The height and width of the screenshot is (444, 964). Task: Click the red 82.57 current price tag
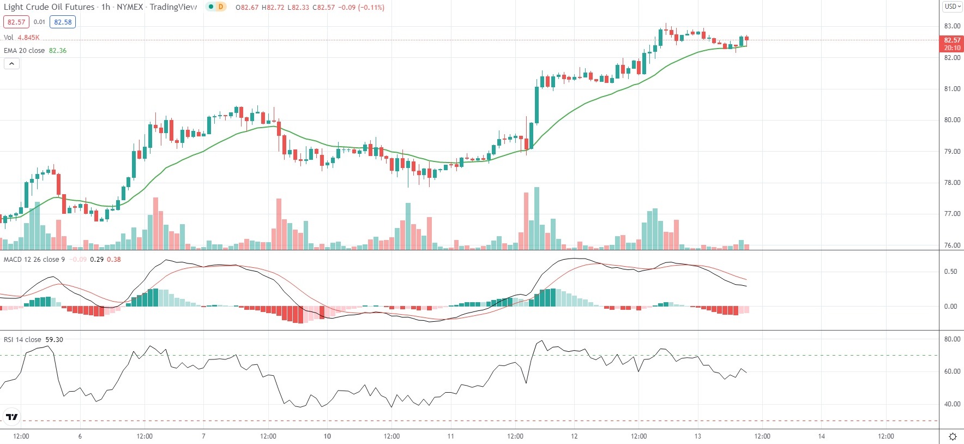952,40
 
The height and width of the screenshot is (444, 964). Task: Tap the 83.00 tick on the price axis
952,26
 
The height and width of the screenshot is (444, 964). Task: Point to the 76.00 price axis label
952,245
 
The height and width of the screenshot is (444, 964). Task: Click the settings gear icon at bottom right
953,436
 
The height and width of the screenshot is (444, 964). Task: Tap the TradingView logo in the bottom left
11,417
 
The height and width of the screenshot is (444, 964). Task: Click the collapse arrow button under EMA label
11,64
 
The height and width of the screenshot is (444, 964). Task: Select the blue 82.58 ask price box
63,22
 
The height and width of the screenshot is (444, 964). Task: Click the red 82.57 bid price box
16,22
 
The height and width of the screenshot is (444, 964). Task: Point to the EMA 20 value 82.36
58,51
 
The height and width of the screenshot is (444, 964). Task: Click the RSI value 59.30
54,340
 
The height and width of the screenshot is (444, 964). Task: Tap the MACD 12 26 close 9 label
34,260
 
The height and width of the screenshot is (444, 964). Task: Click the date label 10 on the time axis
327,436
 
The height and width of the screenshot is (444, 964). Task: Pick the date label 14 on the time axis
822,436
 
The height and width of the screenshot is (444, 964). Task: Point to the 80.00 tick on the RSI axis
952,339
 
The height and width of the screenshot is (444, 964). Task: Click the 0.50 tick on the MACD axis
950,272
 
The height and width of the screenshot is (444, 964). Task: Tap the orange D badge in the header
221,7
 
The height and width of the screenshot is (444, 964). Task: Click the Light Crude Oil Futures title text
49,7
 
